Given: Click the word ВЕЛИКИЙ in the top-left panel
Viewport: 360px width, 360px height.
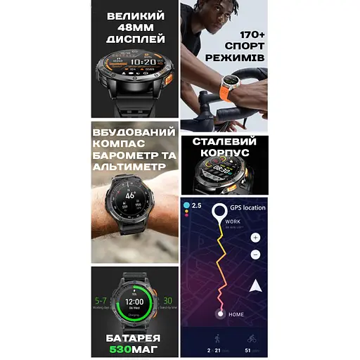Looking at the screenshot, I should pyautogui.click(x=136, y=15).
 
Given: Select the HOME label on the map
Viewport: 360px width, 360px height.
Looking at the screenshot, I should pyautogui.click(x=236, y=314).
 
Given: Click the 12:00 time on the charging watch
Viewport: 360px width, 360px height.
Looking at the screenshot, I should pyautogui.click(x=134, y=301).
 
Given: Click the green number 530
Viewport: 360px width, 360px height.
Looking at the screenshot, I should pyautogui.click(x=122, y=349).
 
